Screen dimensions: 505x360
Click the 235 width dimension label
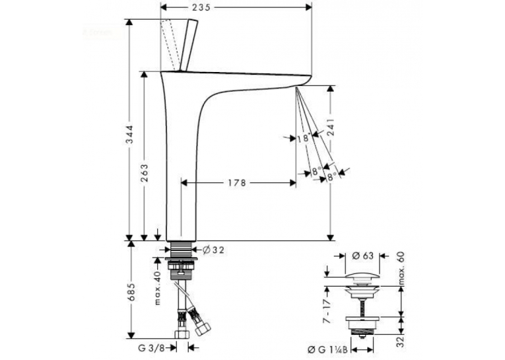pyautogui.click(x=201, y=7)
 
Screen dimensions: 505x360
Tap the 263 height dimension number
pyautogui.click(x=145, y=173)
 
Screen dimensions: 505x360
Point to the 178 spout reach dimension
pyautogui.click(x=237, y=183)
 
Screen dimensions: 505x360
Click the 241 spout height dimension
pyautogui.click(x=331, y=128)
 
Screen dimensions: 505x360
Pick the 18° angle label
pyautogui.click(x=304, y=139)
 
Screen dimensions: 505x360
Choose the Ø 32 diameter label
pyautogui.click(x=213, y=250)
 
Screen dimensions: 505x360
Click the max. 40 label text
pyautogui.click(x=157, y=288)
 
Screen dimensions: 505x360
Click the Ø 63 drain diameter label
pyautogui.click(x=362, y=256)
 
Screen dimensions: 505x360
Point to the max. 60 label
pyautogui.click(x=401, y=268)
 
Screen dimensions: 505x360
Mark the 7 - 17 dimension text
pyautogui.click(x=327, y=311)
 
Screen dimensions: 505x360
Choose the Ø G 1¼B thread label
pyautogui.click(x=327, y=349)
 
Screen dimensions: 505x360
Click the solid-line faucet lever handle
pyautogui.click(x=189, y=45)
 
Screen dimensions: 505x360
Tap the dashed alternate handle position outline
pyautogui.click(x=170, y=45)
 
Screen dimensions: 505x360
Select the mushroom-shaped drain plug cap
pyautogui.click(x=362, y=277)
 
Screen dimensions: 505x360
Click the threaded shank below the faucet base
pyautogui.click(x=181, y=249)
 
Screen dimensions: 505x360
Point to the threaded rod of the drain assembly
pyautogui.click(x=362, y=307)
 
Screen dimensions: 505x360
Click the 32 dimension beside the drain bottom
pyautogui.click(x=400, y=342)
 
